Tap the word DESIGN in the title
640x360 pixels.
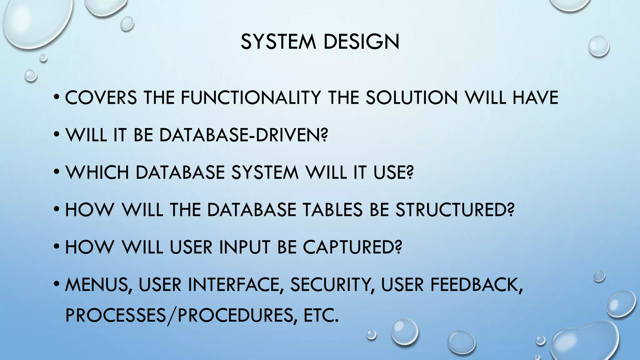(x=362, y=42)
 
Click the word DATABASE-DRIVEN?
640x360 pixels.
(x=244, y=135)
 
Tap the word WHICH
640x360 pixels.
(x=97, y=172)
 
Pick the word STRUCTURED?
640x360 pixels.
(x=455, y=210)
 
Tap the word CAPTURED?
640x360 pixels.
(x=352, y=247)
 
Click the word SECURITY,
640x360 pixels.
(x=332, y=285)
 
